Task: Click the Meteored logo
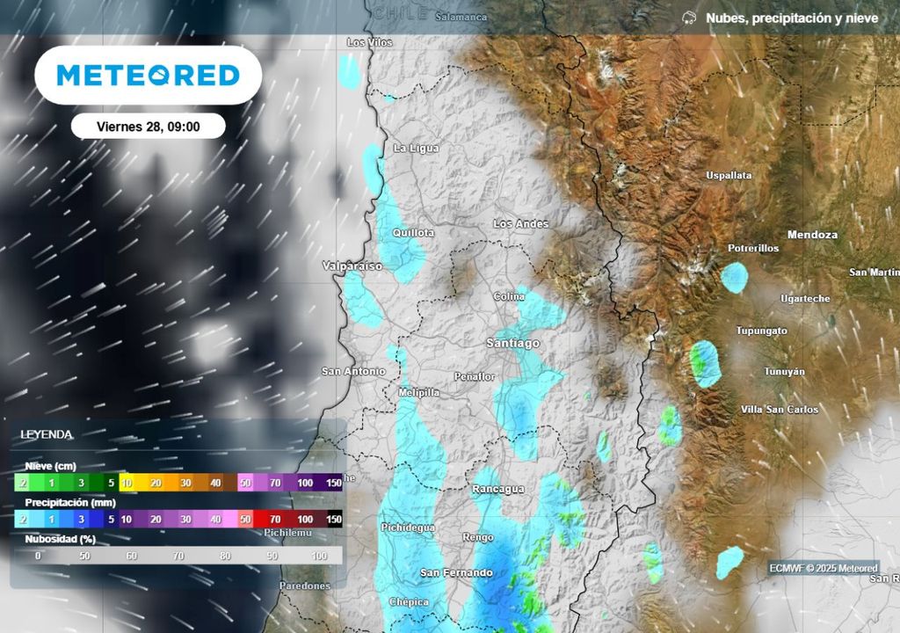(149, 76)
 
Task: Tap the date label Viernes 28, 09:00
(148, 127)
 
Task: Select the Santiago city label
(513, 343)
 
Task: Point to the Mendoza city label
(812, 235)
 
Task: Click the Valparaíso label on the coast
(352, 266)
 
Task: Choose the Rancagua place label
(498, 489)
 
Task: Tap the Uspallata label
(729, 176)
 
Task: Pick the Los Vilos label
(369, 42)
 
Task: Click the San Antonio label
(353, 371)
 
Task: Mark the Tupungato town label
(761, 331)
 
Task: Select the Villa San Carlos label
(780, 410)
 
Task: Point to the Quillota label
(413, 233)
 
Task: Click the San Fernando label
(455, 572)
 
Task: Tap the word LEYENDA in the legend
(47, 434)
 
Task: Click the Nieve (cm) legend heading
(50, 465)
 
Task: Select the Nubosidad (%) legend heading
(60, 539)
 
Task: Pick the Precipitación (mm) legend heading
(70, 502)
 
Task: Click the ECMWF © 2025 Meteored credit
(823, 568)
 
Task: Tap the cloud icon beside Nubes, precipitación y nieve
(690, 18)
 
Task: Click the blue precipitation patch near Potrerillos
(734, 278)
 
